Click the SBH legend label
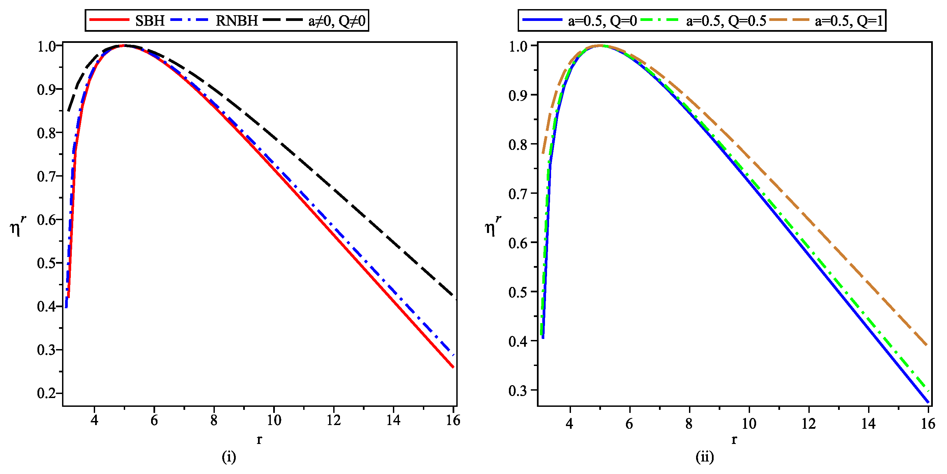click(x=150, y=21)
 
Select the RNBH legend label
click(x=236, y=21)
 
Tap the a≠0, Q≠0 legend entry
click(x=337, y=21)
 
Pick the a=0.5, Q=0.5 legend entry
click(x=726, y=21)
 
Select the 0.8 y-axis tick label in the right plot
click(x=518, y=144)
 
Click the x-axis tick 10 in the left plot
click(x=274, y=420)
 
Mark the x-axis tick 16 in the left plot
click(x=453, y=420)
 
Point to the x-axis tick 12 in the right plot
click(x=808, y=424)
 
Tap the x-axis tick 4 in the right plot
click(x=570, y=424)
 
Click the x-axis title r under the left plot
click(x=259, y=439)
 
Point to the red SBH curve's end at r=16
click(x=453, y=367)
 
